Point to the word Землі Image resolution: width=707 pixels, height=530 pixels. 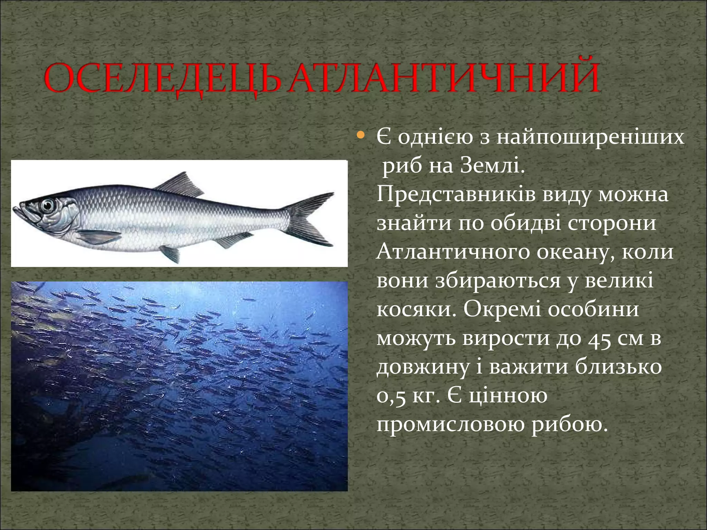[x=490, y=167]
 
